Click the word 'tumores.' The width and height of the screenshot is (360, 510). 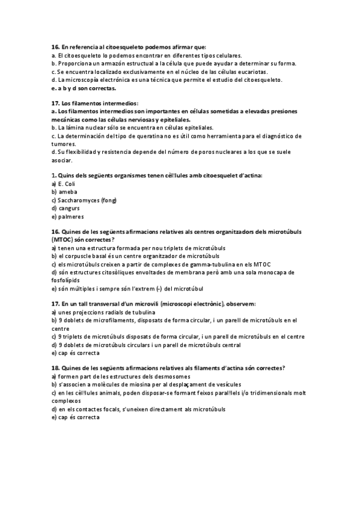[x=66, y=144]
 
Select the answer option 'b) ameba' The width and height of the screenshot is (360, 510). [x=64, y=192]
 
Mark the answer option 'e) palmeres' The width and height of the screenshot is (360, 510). [x=67, y=217]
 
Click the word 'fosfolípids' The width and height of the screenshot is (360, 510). [x=69, y=280]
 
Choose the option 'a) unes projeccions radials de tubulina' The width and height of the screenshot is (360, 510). [x=103, y=313]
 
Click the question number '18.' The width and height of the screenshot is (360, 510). [x=55, y=368]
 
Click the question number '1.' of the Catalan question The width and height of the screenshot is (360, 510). [x=54, y=175]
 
